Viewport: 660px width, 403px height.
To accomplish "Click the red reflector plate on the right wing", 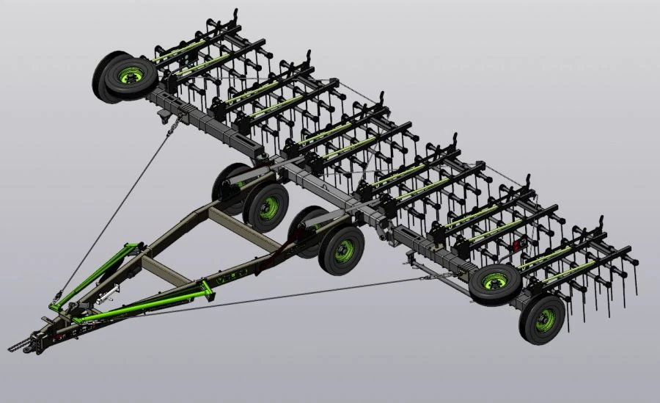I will coord(521,247).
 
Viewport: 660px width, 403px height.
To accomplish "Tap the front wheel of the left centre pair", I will coord(266,206).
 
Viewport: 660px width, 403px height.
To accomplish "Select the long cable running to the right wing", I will coord(293,297).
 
